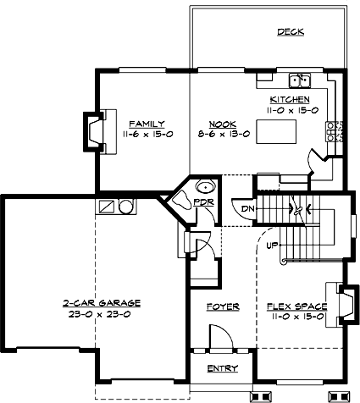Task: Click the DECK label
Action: coord(291,33)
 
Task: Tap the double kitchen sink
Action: coord(299,81)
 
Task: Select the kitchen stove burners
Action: coord(334,131)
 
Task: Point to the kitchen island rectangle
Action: coord(279,132)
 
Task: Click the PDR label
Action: coord(202,204)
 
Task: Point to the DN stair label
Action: coord(247,208)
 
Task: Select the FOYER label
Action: coord(223,306)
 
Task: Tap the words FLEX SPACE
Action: coord(293,306)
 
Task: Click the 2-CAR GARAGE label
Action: coord(101,302)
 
